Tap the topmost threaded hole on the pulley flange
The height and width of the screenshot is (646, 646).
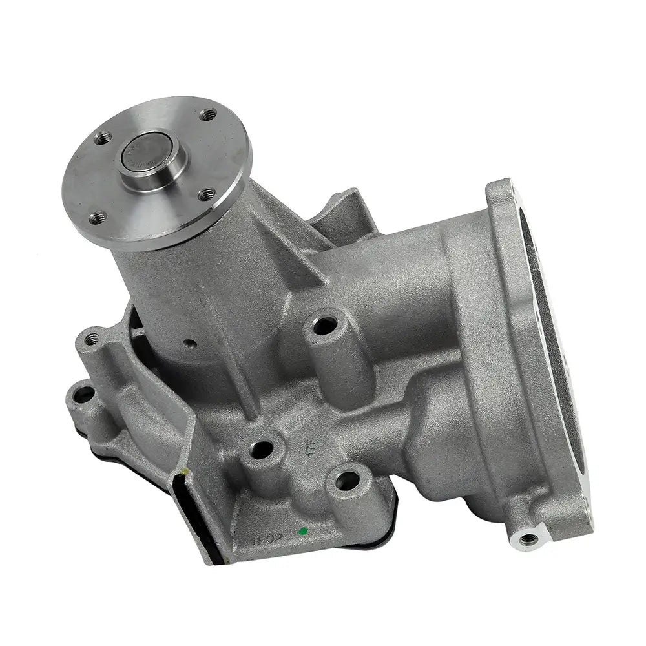208,116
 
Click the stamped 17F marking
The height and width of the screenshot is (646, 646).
310,445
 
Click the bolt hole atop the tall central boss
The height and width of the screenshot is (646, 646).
324,324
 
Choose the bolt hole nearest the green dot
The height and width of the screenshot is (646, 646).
348,479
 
